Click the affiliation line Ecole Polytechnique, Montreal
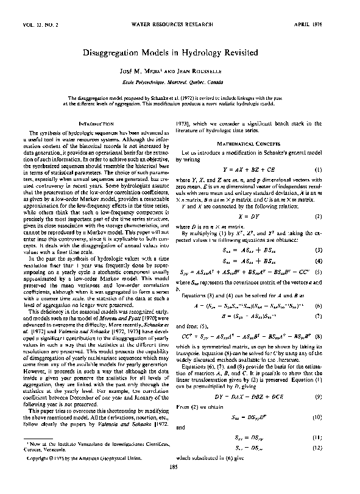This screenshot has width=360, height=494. coord(180,82)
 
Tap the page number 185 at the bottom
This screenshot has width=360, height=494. coord(180,484)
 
